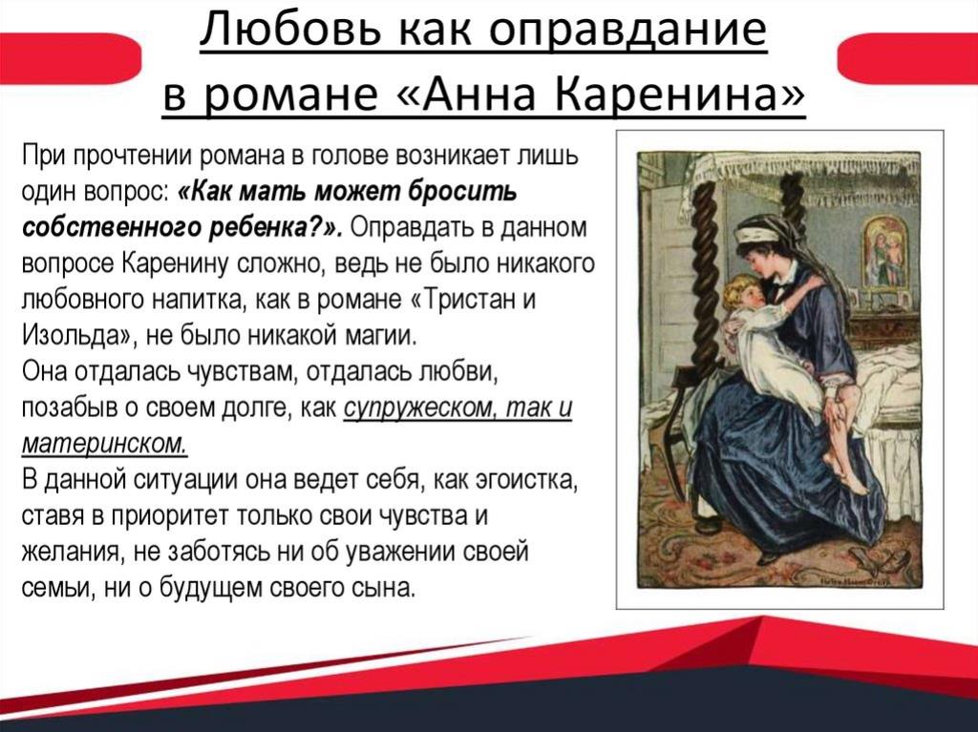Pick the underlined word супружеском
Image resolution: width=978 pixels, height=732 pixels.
pyautogui.click(x=421, y=409)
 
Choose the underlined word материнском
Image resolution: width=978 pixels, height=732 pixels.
pyautogui.click(x=105, y=444)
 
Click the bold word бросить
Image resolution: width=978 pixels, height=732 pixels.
pyautogui.click(x=462, y=192)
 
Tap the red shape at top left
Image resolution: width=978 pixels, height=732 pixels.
pyautogui.click(x=70, y=58)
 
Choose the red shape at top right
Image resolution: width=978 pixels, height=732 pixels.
pyautogui.click(x=907, y=58)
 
